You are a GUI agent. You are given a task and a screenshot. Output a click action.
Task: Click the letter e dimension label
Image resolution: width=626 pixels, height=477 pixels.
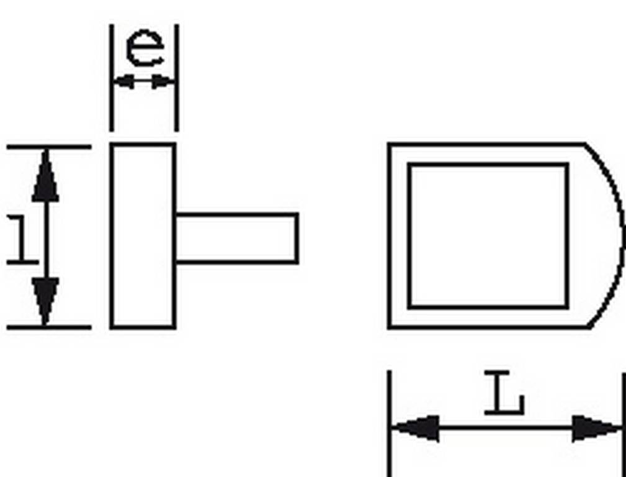coord(145,48)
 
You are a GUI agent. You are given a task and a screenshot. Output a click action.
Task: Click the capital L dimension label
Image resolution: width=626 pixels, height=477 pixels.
coord(504,393)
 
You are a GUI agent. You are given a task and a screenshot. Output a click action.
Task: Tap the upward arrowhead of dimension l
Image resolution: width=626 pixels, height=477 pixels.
coord(45,175)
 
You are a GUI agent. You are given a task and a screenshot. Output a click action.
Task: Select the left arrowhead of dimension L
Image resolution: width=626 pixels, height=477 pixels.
coord(416,428)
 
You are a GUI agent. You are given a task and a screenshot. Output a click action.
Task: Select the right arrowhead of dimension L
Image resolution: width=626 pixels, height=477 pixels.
coord(596,428)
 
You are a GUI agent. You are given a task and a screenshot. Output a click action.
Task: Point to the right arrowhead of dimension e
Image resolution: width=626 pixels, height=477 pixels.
coord(163,81)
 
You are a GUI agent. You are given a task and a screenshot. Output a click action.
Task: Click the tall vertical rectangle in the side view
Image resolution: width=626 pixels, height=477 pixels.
coord(143,235)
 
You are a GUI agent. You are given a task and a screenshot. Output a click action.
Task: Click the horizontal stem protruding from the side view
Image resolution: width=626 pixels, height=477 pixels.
coord(237,238)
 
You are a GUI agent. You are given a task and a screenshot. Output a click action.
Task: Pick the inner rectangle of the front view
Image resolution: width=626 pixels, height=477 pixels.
coord(488,235)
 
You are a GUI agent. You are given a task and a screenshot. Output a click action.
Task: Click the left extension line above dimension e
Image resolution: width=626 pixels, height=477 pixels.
coord(112,78)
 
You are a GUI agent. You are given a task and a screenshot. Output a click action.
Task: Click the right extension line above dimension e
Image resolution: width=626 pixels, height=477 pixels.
coord(176,78)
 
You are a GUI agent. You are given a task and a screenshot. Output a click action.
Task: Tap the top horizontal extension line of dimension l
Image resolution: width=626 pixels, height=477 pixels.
coord(49,147)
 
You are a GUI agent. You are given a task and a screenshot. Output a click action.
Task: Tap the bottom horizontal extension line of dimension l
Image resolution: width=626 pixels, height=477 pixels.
coord(49,327)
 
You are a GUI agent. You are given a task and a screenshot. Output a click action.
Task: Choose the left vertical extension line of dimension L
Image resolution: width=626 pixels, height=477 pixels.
coord(389,424)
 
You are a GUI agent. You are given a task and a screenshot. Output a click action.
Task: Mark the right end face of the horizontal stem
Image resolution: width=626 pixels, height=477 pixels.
coord(297,238)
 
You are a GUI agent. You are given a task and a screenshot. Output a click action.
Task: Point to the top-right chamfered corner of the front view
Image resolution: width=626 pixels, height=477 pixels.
coord(586,144)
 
